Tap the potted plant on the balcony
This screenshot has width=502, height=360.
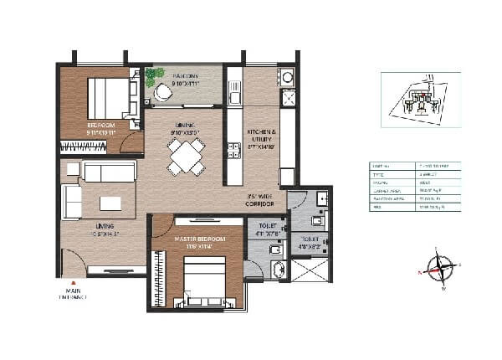coord(154,77)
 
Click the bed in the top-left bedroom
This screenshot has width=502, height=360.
coord(107,98)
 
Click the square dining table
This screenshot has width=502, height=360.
coord(185,155)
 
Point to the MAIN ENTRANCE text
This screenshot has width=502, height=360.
coord(73,293)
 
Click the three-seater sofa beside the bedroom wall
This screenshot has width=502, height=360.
coord(110,172)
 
